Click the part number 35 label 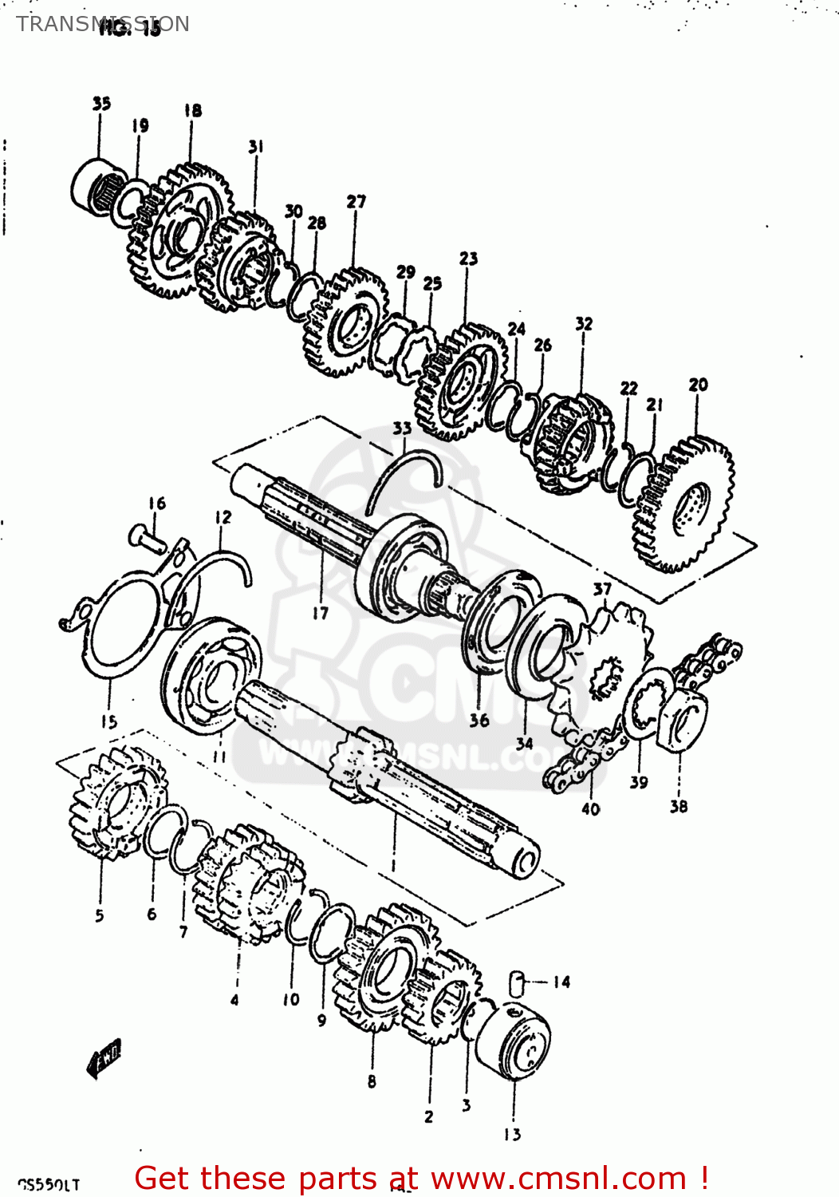[x=101, y=103]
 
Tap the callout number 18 [x=192, y=110]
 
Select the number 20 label [x=698, y=385]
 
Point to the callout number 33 [x=402, y=429]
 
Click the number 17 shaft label [x=320, y=613]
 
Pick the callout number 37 [x=602, y=590]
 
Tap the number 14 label [x=561, y=982]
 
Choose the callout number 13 [x=512, y=1134]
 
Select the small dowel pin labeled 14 [x=517, y=983]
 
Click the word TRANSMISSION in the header [x=103, y=24]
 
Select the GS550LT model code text [x=49, y=1184]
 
